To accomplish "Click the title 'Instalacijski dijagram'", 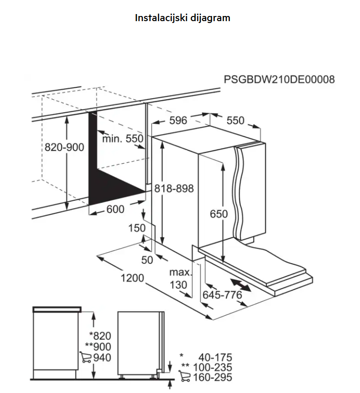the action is click(x=182, y=18).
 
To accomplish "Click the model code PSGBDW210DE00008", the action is click(x=279, y=79).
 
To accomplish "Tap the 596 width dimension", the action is click(x=178, y=120).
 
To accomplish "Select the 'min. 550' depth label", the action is click(x=123, y=139).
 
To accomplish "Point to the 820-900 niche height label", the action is click(x=64, y=147).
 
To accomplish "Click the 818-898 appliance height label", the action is click(x=174, y=188).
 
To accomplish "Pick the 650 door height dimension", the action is click(x=219, y=214).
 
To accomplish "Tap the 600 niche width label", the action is click(x=116, y=209).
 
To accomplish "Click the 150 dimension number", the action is click(x=137, y=228).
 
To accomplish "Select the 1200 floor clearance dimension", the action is click(x=133, y=278).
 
